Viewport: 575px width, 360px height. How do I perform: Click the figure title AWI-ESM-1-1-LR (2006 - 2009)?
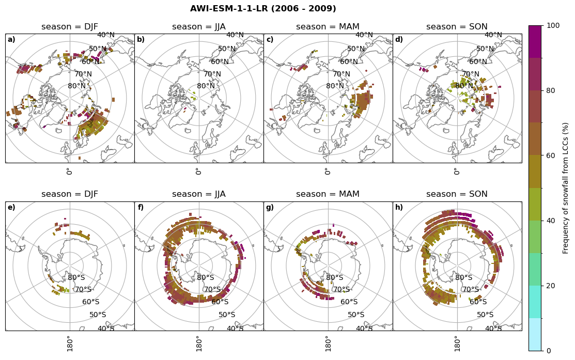(263, 9)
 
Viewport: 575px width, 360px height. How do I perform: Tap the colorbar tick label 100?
(553, 26)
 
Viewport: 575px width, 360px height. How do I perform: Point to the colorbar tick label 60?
(551, 155)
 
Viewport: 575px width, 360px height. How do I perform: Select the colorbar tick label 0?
(549, 351)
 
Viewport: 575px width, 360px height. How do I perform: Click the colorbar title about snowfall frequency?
(566, 188)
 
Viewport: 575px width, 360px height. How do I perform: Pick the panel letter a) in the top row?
(11, 40)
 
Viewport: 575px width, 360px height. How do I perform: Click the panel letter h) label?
(399, 208)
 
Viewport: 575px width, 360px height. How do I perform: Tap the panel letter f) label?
(141, 208)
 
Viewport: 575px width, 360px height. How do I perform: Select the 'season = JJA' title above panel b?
(199, 27)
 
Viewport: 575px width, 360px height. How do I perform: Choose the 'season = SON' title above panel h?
(457, 194)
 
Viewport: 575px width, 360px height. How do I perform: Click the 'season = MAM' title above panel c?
(328, 27)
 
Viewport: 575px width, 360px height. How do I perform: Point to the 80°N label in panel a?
(76, 86)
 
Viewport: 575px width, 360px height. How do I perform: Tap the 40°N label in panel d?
(493, 35)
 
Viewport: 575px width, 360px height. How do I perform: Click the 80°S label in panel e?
(76, 277)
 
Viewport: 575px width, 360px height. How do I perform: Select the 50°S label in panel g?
(356, 315)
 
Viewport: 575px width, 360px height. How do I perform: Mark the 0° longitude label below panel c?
(328, 171)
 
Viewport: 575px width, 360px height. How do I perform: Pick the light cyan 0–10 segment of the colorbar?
(535, 334)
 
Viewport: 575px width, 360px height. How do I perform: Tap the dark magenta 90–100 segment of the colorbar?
(535, 42)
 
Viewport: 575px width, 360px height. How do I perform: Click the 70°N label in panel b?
(212, 74)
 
